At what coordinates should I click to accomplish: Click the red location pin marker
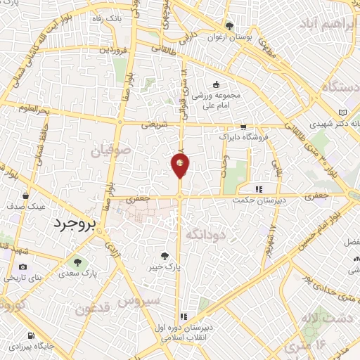click(x=180, y=165)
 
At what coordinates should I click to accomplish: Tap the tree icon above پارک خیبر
click(x=165, y=257)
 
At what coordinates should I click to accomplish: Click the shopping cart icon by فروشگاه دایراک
click(x=243, y=127)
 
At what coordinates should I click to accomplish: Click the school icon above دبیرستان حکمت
click(x=259, y=188)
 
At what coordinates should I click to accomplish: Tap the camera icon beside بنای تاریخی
click(x=23, y=267)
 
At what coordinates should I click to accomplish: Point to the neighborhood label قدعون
click(x=92, y=309)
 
